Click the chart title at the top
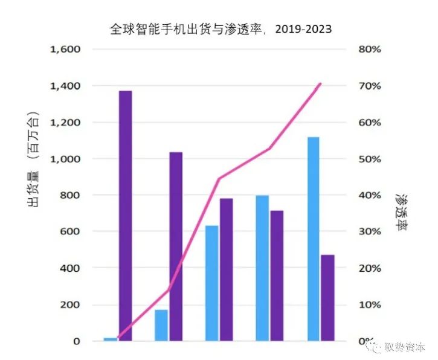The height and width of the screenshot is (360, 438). [x=221, y=29]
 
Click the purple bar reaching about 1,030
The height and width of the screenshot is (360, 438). [x=176, y=246]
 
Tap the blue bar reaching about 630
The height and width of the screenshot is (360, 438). [x=211, y=283]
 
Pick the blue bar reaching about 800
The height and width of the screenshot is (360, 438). [x=262, y=268]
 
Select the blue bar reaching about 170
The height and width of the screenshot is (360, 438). [x=161, y=325]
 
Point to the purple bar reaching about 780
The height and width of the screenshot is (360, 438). [x=226, y=269]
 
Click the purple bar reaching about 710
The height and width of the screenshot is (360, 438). [x=277, y=275]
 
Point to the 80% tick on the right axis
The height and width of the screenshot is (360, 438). [x=370, y=49]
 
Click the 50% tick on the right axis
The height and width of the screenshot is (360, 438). [x=370, y=159]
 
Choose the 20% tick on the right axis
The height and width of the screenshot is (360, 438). [x=370, y=268]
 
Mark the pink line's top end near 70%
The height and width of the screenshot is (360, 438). [x=320, y=84]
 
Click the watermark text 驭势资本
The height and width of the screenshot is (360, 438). [x=406, y=347]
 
